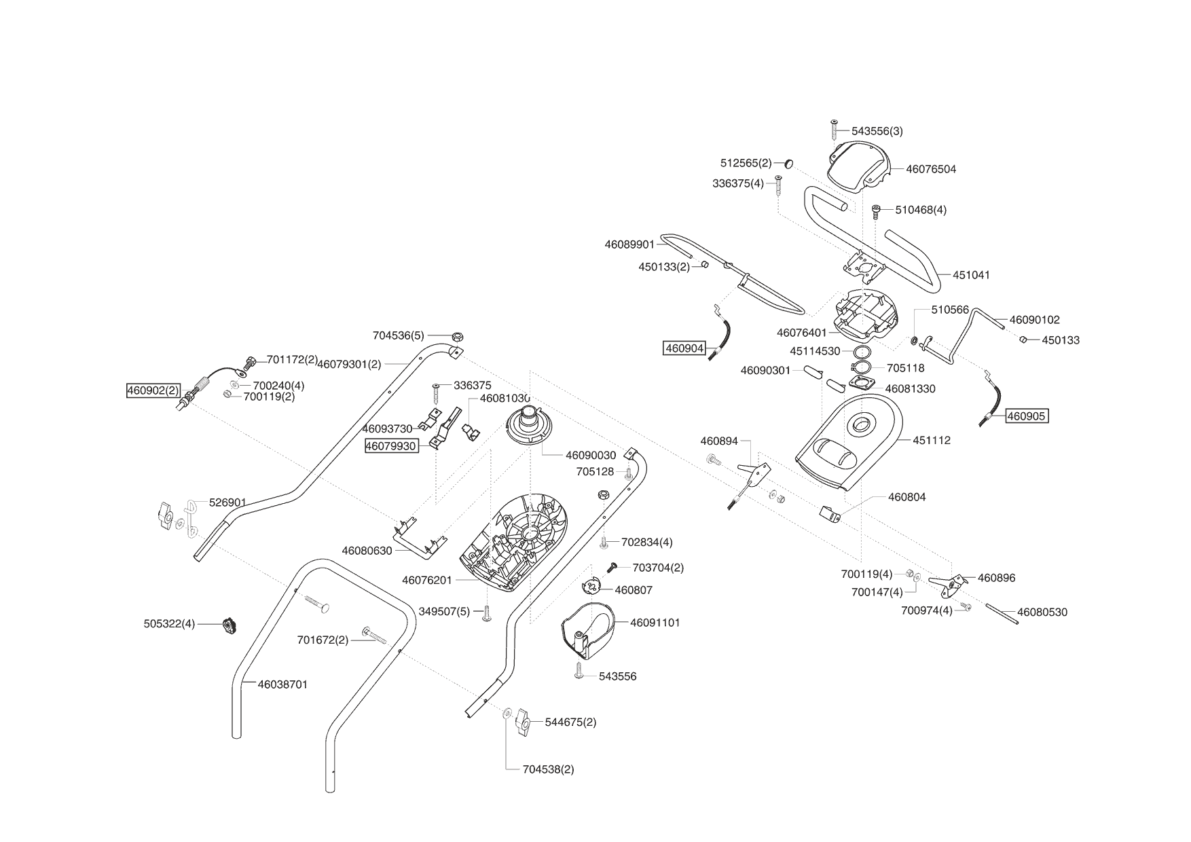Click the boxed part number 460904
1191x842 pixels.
pyautogui.click(x=685, y=348)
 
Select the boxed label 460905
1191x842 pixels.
pyautogui.click(x=1026, y=416)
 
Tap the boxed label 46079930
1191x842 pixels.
pyautogui.click(x=391, y=446)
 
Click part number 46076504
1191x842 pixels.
pyautogui.click(x=930, y=169)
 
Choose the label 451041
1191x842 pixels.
pyautogui.click(x=971, y=275)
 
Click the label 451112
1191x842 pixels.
pyautogui.click(x=931, y=440)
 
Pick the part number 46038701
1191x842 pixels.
pyautogui.click(x=282, y=684)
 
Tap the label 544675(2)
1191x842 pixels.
pyautogui.click(x=570, y=722)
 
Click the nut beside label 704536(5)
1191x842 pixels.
pyautogui.click(x=458, y=335)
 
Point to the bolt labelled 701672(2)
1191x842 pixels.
pyautogui.click(x=374, y=636)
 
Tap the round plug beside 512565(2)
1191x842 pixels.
pyautogui.click(x=788, y=164)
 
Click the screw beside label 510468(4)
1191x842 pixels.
pyautogui.click(x=876, y=210)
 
